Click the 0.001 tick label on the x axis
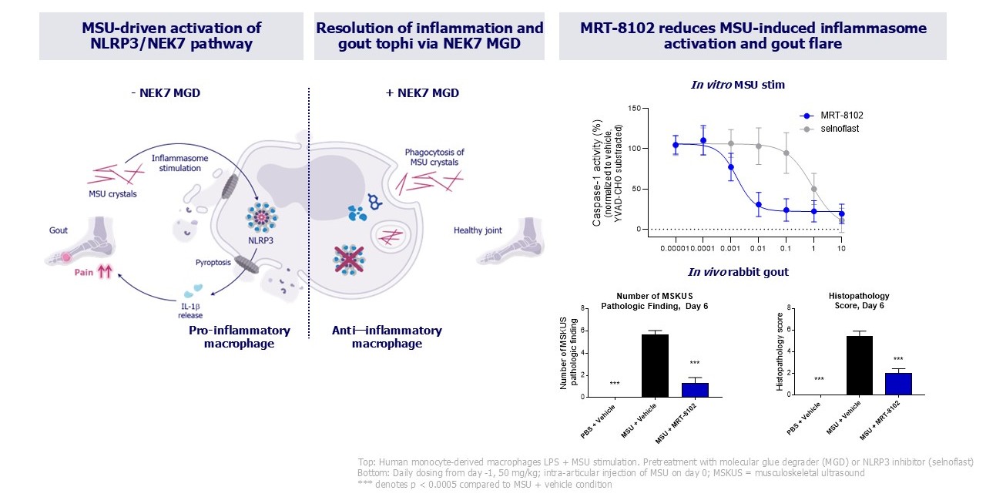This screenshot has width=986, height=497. (730, 250)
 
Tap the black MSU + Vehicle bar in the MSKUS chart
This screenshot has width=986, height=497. (655, 365)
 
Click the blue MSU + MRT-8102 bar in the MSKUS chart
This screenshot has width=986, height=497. (695, 389)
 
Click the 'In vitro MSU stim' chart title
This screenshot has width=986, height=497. (737, 85)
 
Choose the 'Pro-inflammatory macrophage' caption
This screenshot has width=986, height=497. (240, 337)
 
